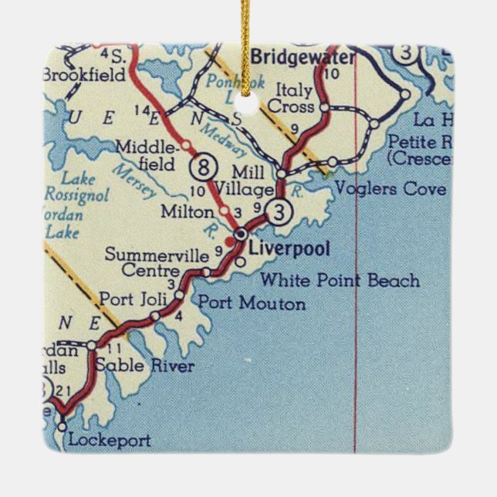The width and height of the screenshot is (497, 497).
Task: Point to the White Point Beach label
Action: (340, 280)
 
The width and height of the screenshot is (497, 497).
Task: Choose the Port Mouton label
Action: (252, 303)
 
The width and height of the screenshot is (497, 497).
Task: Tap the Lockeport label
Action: (110, 441)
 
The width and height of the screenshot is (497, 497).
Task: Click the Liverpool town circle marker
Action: (241, 233)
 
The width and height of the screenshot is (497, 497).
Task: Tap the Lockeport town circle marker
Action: (62, 424)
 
